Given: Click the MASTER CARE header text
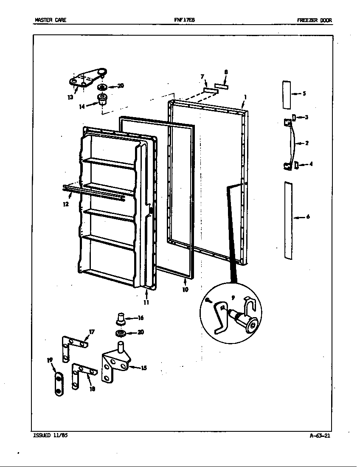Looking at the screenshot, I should click(x=51, y=20).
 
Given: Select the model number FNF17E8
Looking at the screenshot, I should click(x=182, y=20).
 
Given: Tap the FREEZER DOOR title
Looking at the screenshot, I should click(x=315, y=20).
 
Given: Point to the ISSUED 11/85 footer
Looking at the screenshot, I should click(x=50, y=436).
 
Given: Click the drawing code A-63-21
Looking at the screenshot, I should click(x=320, y=436).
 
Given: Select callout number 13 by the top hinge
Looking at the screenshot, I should click(x=70, y=97).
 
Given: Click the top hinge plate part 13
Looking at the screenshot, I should click(x=87, y=79).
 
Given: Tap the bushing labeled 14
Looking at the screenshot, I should click(x=102, y=100).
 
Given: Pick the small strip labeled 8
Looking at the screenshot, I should click(x=221, y=86).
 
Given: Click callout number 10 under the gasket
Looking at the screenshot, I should click(x=185, y=290).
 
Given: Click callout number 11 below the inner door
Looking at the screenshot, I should click(x=146, y=302).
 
